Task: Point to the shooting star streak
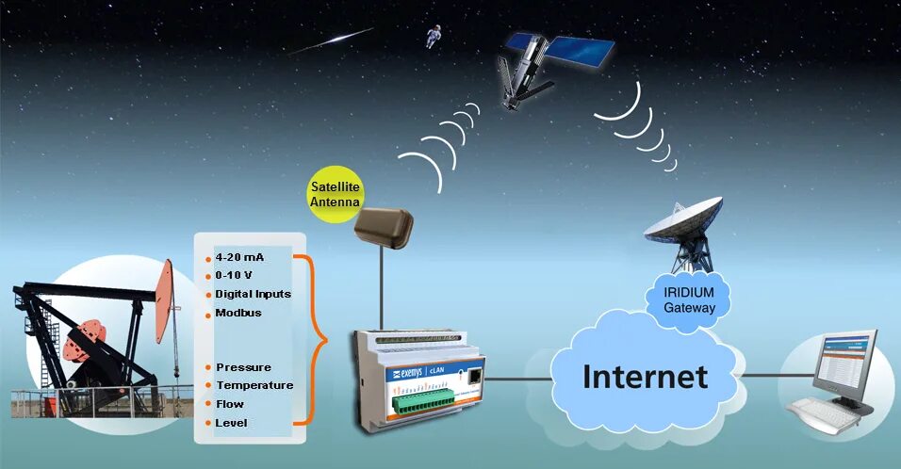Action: tap(331, 40)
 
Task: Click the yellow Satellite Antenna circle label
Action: tap(336, 194)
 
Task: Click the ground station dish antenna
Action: tap(684, 226)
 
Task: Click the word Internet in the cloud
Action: tap(645, 377)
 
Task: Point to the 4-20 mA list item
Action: tap(241, 256)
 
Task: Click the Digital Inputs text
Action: tap(253, 294)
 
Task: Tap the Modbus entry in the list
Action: tap(238, 313)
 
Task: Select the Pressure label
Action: tap(243, 367)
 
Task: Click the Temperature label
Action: tap(254, 385)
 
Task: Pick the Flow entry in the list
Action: tap(230, 404)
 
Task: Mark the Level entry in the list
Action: tap(231, 423)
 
